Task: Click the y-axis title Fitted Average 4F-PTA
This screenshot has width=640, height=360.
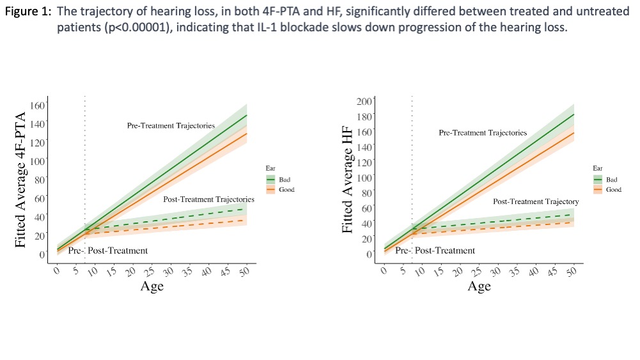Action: click(21, 180)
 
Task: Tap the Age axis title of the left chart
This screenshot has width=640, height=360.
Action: click(152, 286)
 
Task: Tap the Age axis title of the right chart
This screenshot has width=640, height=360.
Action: click(479, 286)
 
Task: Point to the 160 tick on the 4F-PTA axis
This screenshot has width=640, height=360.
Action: click(40, 105)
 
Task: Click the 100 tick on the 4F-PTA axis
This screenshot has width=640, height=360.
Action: click(40, 160)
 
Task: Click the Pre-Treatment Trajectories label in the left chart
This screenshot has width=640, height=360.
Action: click(171, 125)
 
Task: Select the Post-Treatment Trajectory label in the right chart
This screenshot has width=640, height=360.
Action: click(536, 201)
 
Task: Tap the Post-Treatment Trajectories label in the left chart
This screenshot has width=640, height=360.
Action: click(208, 200)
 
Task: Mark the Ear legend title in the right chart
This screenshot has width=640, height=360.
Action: click(597, 168)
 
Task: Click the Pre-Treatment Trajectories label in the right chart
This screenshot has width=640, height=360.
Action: click(483, 133)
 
